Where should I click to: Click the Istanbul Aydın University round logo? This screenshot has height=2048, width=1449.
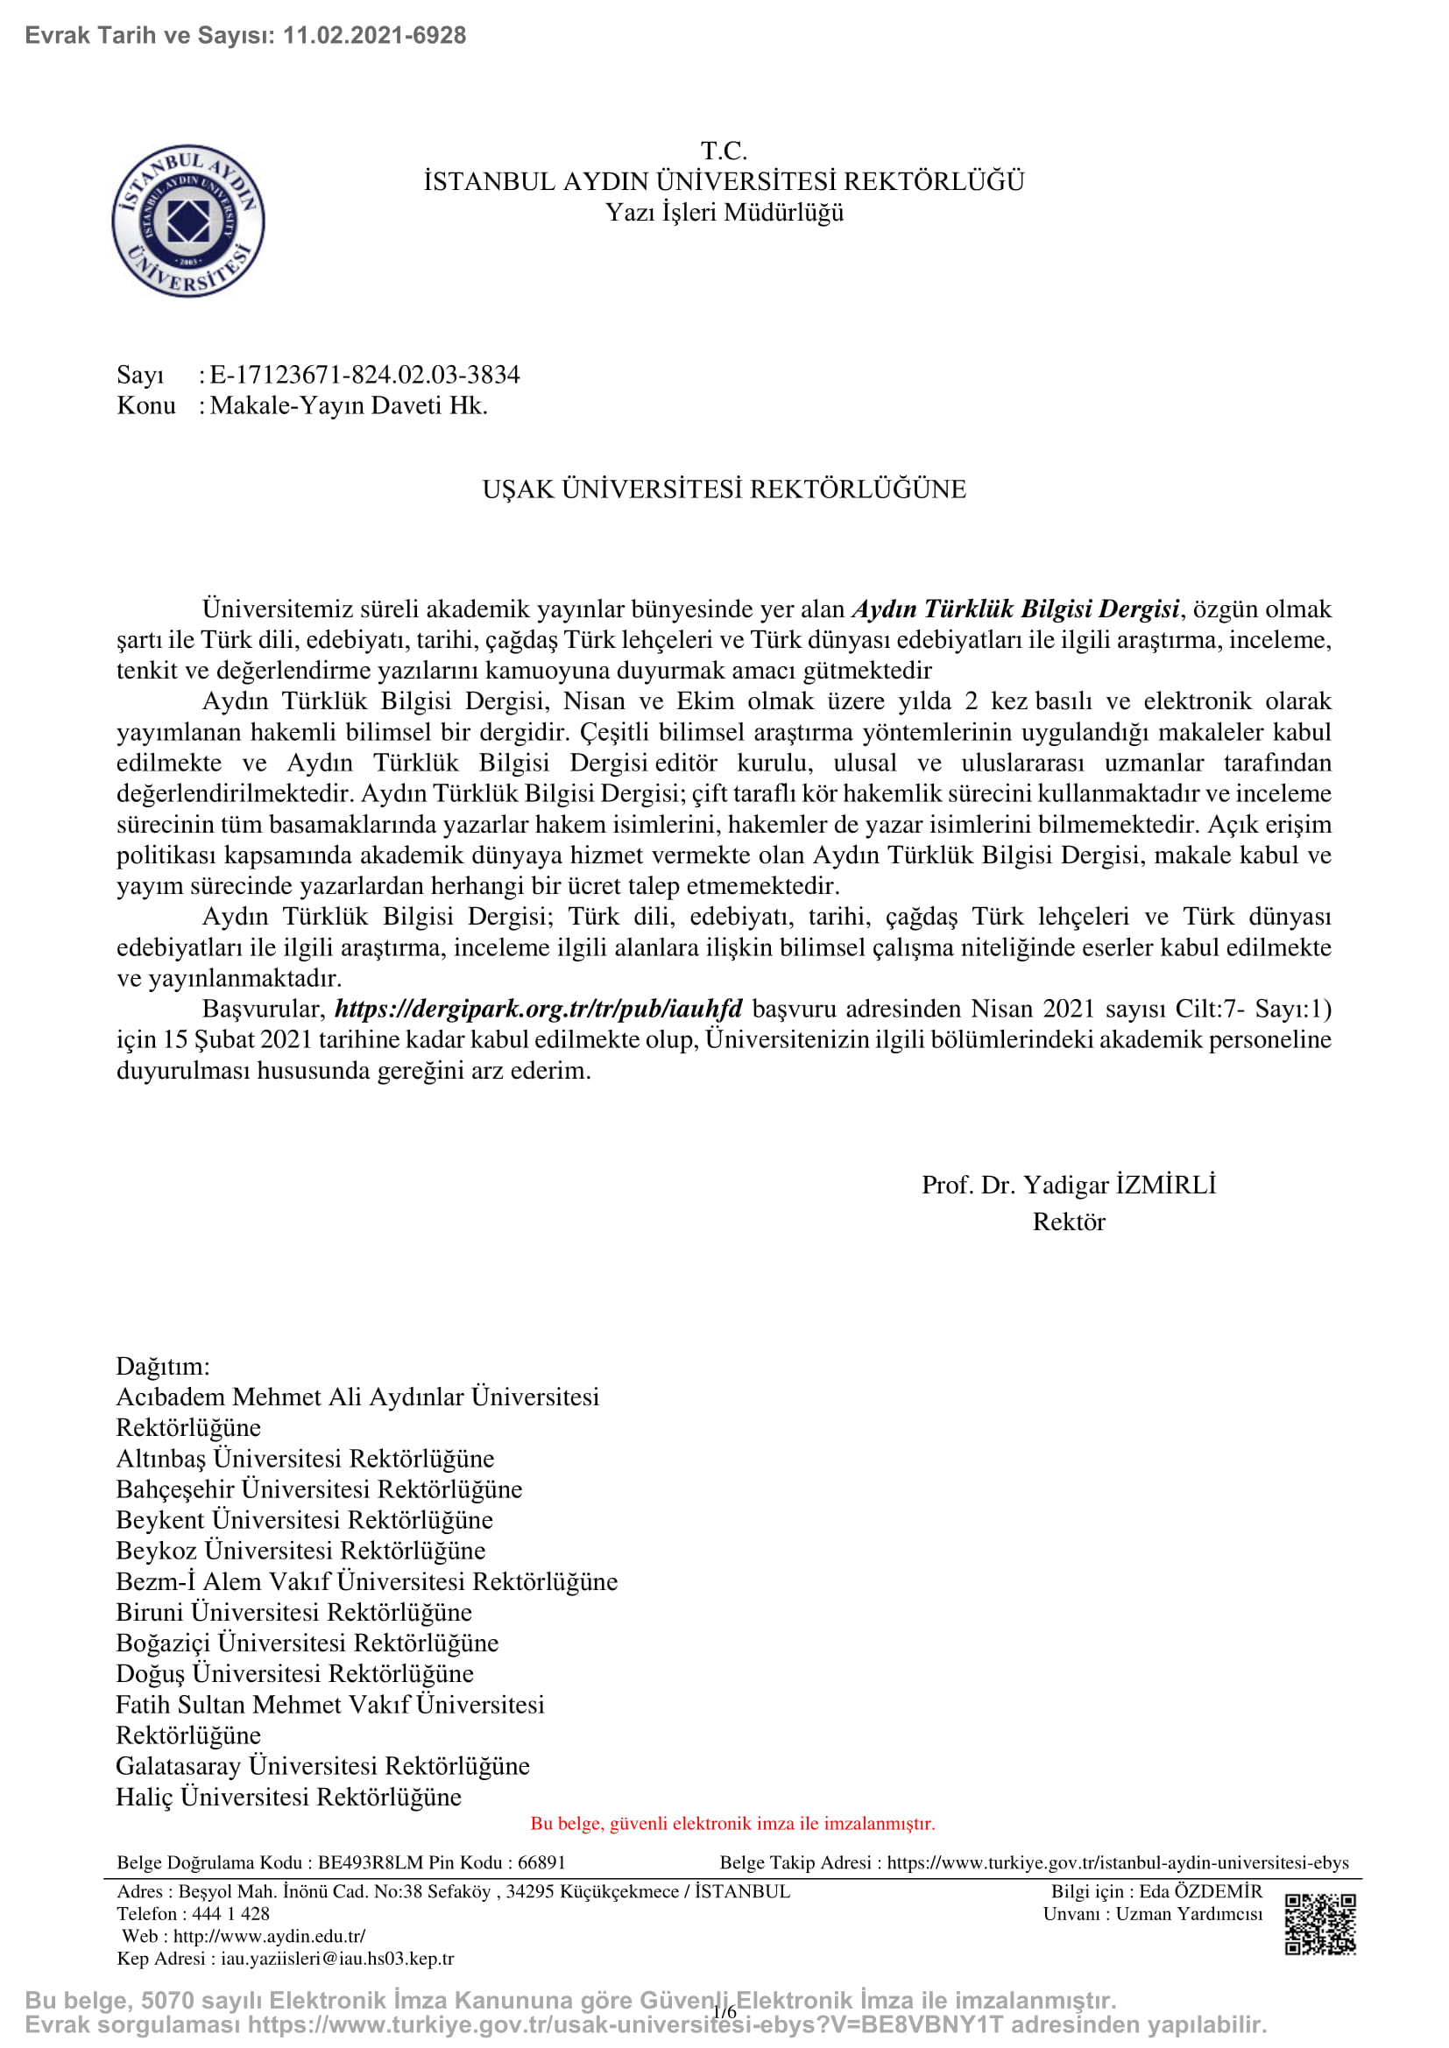(188, 221)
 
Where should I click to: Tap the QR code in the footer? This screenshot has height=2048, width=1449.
(1319, 1923)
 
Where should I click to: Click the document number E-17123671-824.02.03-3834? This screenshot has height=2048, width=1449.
(364, 375)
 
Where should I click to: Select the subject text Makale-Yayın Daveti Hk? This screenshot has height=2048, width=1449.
(349, 406)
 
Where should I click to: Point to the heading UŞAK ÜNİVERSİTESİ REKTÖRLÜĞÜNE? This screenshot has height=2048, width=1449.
(724, 489)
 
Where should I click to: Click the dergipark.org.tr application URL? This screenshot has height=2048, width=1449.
(538, 1009)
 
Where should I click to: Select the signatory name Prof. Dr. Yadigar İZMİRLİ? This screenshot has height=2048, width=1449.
(1068, 1185)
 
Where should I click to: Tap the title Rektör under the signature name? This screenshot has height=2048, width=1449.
(1068, 1221)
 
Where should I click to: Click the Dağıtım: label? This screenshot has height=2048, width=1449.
(163, 1366)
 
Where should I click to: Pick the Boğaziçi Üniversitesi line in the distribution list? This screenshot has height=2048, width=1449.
(307, 1642)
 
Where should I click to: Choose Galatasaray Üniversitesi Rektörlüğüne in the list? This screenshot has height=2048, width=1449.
(322, 1765)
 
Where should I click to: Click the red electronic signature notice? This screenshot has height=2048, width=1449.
(732, 1823)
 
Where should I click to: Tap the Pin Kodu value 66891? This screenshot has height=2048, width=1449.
(541, 1862)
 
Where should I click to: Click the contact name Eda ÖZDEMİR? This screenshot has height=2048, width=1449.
(1200, 1891)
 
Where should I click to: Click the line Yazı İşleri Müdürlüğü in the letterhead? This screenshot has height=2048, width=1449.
(724, 213)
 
